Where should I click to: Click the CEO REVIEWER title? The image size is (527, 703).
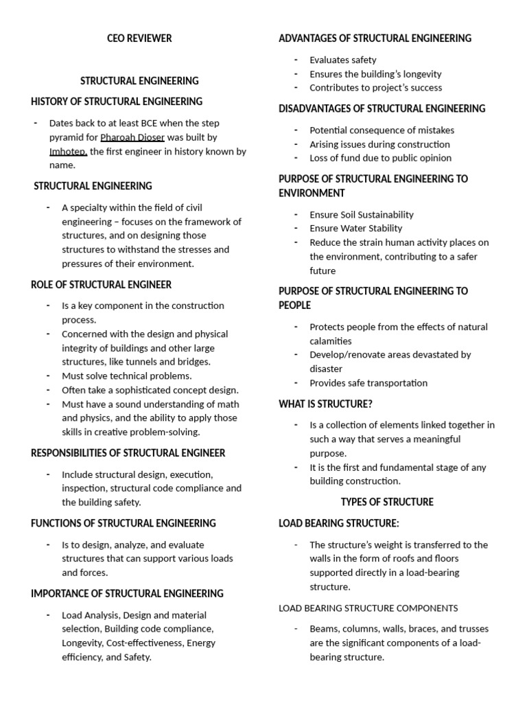pyautogui.click(x=140, y=38)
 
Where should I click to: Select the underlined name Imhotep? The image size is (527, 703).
pyautogui.click(x=67, y=151)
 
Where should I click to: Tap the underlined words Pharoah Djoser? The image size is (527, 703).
pyautogui.click(x=132, y=137)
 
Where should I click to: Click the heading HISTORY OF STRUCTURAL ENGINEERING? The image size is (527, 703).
pyautogui.click(x=117, y=102)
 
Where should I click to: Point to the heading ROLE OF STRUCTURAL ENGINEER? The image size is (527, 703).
pyautogui.click(x=102, y=284)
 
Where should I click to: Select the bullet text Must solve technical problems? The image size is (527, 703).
pyautogui.click(x=127, y=376)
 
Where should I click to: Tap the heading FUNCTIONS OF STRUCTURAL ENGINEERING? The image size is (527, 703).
pyautogui.click(x=124, y=523)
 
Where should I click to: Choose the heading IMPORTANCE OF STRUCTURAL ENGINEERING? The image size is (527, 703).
pyautogui.click(x=128, y=593)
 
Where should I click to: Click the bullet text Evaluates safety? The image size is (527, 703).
pyautogui.click(x=343, y=60)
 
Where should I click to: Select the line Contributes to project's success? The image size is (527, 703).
pyautogui.click(x=375, y=87)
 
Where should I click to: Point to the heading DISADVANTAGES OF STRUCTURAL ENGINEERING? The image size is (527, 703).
pyautogui.click(x=382, y=108)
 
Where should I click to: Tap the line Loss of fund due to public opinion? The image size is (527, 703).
pyautogui.click(x=380, y=157)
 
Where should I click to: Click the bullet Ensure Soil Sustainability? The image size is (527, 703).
pyautogui.click(x=362, y=214)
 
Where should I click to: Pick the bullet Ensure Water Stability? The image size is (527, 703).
pyautogui.click(x=355, y=228)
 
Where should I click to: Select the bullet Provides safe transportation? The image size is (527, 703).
pyautogui.click(x=368, y=382)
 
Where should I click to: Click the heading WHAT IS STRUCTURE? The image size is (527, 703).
pyautogui.click(x=325, y=404)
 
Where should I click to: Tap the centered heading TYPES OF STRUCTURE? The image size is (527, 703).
pyautogui.click(x=387, y=502)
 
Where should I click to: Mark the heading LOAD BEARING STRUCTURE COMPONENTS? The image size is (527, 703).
pyautogui.click(x=368, y=608)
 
